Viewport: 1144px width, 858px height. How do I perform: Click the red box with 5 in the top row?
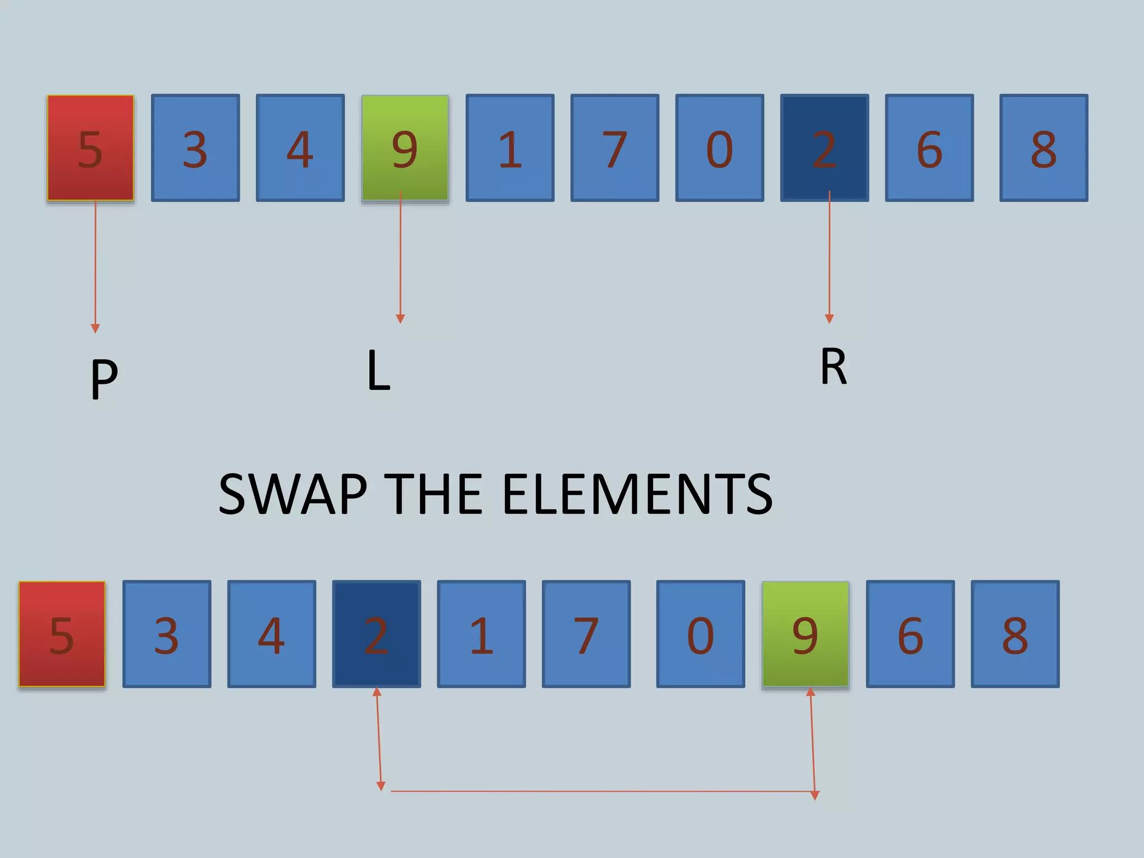90,148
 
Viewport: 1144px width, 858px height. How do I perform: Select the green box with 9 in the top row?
405,148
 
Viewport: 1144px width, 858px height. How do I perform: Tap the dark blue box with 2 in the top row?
824,148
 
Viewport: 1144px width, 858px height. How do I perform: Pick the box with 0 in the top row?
719,148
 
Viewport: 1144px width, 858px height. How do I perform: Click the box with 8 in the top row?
1043,148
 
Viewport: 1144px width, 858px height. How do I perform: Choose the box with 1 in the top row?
510,148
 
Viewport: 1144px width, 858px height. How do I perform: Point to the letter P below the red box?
104,378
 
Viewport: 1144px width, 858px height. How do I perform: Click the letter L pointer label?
378,370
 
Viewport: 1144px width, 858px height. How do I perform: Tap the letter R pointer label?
833,366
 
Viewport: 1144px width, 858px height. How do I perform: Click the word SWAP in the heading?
293,494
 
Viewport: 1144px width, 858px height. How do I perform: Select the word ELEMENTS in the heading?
637,494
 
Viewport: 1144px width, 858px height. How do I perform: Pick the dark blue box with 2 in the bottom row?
376,634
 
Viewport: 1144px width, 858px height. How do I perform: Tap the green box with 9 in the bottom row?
805,634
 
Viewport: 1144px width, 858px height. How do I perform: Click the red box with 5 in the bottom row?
62,634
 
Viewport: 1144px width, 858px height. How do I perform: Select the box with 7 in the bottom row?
586,634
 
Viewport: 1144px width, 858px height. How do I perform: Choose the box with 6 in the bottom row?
910,634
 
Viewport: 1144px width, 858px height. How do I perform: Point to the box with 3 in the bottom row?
166,634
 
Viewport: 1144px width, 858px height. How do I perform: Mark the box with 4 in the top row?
300,148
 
